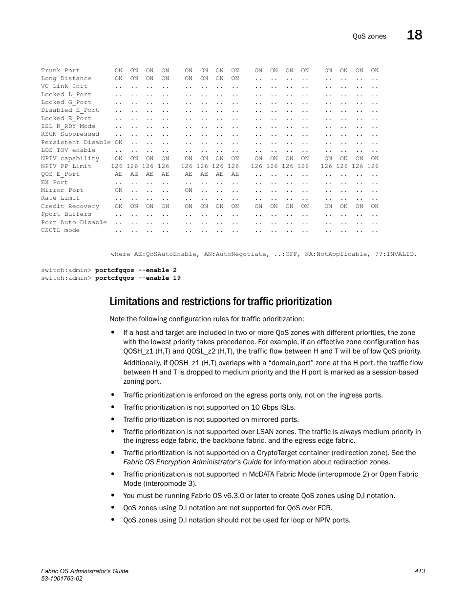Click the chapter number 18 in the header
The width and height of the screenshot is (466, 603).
(x=414, y=35)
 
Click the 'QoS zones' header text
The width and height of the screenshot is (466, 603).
(x=369, y=36)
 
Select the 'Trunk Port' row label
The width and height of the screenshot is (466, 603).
(x=60, y=70)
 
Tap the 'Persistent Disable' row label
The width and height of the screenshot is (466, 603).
(x=76, y=142)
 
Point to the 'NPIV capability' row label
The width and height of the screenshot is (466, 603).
(x=70, y=158)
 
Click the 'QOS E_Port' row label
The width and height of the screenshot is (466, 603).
(x=60, y=174)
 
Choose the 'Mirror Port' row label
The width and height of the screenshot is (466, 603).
(x=62, y=190)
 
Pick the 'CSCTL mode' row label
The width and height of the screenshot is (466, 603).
(x=60, y=230)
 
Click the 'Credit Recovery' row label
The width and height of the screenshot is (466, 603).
(x=70, y=206)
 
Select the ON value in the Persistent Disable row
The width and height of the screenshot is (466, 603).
(x=119, y=142)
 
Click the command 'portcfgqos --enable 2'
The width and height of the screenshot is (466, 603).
(x=136, y=270)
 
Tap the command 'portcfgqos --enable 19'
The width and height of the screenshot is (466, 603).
(x=138, y=278)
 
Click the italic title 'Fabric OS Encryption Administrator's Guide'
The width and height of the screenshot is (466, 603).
(x=192, y=462)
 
